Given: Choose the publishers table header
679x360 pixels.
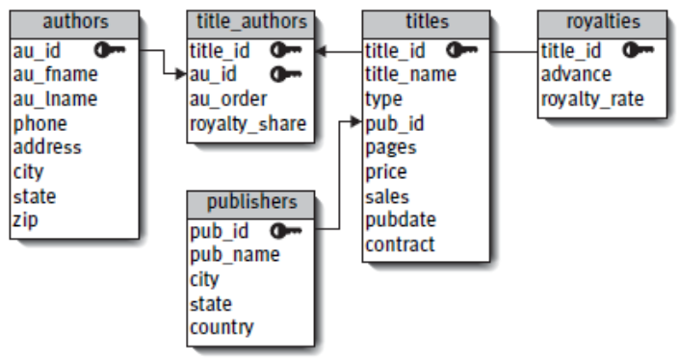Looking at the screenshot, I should coord(250,203).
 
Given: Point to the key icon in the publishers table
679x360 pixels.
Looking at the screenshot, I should coord(286,230).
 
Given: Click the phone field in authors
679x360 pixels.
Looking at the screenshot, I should coord(39,122).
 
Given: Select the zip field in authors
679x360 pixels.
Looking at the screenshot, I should coord(27,219).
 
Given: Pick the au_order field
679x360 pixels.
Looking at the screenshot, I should coord(228,98).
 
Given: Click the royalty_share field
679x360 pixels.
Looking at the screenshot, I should coord(248,122).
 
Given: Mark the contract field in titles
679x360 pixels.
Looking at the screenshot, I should coord(400,244).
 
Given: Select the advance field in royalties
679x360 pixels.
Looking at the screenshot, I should coord(575,74).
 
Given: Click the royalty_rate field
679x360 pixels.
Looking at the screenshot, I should coord(592,98).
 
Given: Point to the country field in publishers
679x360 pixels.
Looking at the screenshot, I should coord(222,327).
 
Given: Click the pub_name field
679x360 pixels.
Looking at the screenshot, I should coord(235,254).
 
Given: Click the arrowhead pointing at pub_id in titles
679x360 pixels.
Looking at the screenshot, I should coord(358,123).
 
